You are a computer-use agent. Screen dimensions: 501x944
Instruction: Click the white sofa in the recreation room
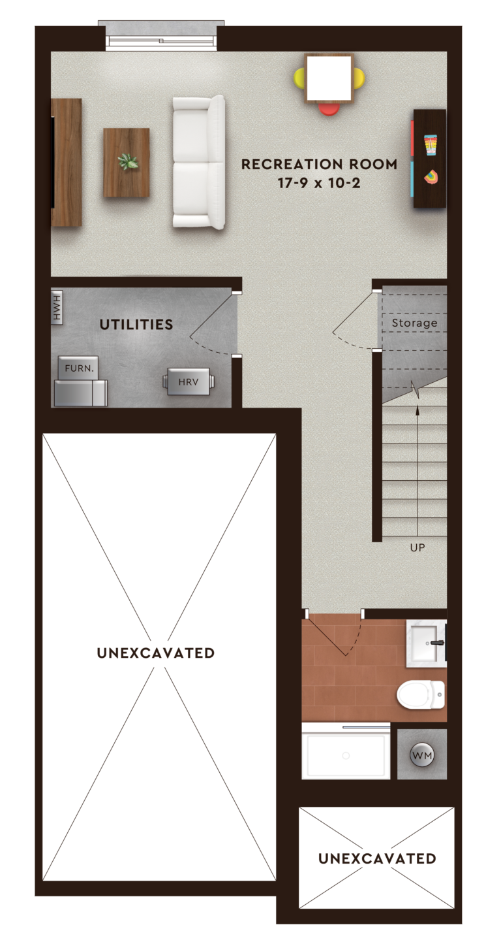(x=198, y=162)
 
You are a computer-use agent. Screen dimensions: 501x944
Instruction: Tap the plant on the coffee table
(x=127, y=161)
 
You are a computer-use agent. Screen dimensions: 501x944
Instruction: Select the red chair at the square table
(x=329, y=109)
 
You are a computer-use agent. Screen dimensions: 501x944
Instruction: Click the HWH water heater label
(x=57, y=307)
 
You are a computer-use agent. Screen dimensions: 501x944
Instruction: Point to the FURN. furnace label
(x=79, y=368)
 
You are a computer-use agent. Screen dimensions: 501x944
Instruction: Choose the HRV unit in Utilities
(x=189, y=382)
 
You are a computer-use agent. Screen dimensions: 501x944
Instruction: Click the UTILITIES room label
(x=136, y=325)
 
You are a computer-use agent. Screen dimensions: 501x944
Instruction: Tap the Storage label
(x=414, y=323)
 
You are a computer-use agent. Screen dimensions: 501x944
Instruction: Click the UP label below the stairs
(x=417, y=547)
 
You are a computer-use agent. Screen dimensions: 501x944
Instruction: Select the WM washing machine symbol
(x=422, y=756)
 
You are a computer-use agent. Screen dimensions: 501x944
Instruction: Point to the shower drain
(x=346, y=756)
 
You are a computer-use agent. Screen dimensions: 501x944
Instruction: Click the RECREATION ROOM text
(x=319, y=165)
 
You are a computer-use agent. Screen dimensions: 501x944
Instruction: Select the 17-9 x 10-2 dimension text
(x=319, y=184)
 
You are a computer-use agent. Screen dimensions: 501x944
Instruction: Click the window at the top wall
(x=161, y=40)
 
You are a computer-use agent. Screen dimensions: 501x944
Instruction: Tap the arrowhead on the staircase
(x=417, y=410)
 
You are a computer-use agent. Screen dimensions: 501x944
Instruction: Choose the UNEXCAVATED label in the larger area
(x=156, y=653)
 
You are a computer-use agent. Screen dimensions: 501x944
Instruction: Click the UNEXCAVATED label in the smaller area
(x=377, y=858)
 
